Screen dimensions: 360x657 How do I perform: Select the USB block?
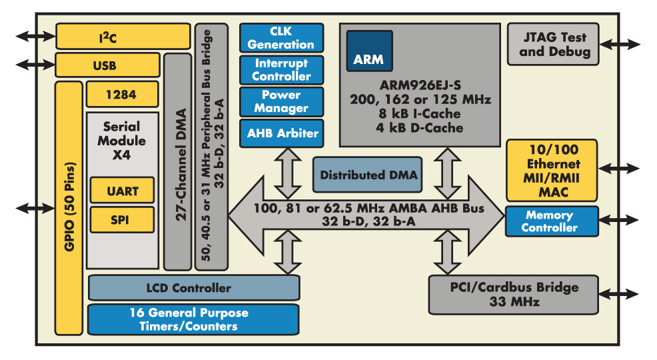coord(107,65)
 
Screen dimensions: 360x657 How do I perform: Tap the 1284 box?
coord(121,95)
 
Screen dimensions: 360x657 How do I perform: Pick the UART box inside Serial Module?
coord(122,191)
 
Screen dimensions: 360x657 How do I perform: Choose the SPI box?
coord(122,219)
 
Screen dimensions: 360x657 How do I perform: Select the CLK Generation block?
coord(281,38)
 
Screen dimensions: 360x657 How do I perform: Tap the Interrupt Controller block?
coord(281,69)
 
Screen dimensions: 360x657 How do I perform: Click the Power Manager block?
coord(281,101)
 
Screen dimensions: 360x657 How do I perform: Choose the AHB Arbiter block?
coord(281,133)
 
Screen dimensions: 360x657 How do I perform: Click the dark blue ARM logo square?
coord(368,51)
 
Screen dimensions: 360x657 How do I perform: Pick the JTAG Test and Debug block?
coord(554,44)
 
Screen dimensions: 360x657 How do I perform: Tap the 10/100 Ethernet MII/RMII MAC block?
coord(552,170)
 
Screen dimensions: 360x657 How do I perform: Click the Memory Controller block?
coord(552,221)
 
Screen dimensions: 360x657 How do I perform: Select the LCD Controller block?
coord(193,288)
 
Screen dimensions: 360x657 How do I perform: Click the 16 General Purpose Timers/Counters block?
coord(193,319)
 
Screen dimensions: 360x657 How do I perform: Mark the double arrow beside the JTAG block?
coord(620,44)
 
